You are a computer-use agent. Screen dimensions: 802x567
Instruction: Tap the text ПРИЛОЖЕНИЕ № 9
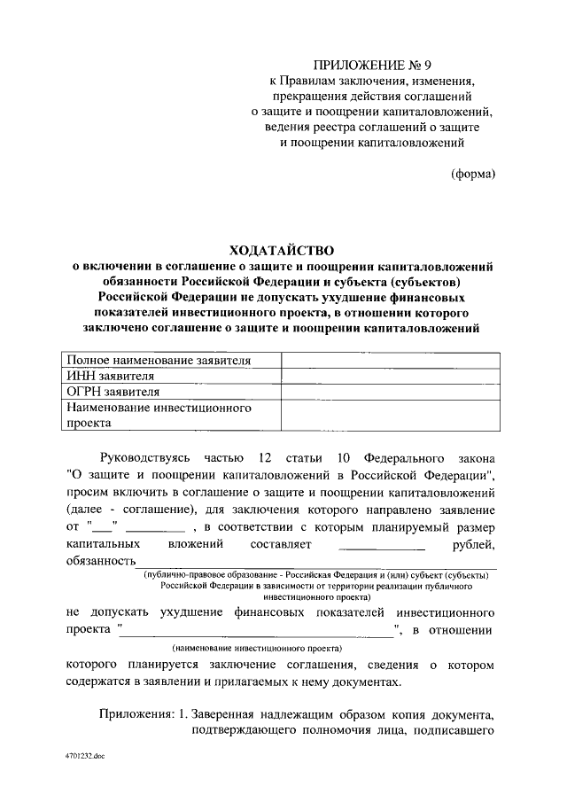pos(367,65)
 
